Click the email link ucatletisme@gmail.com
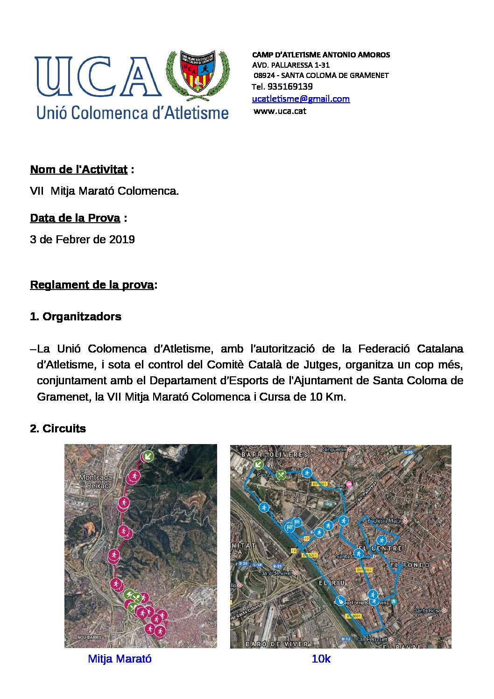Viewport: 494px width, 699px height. [x=301, y=99]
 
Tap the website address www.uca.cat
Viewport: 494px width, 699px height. [x=280, y=111]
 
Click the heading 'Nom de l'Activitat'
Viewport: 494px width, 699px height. [x=78, y=169]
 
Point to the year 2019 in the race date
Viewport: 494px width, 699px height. [x=122, y=240]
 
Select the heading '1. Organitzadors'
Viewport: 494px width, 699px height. [x=76, y=317]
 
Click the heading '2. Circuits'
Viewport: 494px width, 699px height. [x=58, y=429]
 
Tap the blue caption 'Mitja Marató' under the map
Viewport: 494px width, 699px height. [x=120, y=659]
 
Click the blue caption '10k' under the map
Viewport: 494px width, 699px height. [x=321, y=659]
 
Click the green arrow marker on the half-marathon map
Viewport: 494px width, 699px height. [x=148, y=456]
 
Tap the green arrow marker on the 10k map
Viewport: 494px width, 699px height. [x=258, y=464]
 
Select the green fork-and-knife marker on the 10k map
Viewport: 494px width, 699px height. [x=281, y=474]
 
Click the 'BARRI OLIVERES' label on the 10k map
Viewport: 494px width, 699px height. [x=275, y=454]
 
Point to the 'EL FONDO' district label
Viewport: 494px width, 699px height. [x=410, y=565]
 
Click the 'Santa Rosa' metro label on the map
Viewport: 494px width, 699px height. [x=428, y=610]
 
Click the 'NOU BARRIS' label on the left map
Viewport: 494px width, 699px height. [x=89, y=637]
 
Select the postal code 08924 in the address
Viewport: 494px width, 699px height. [x=264, y=75]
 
